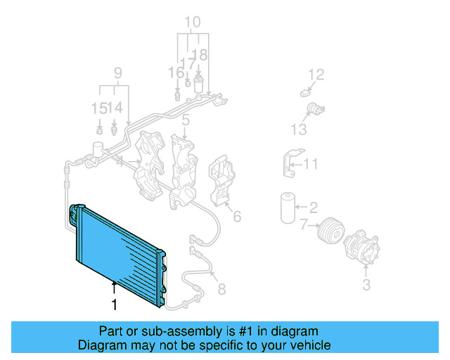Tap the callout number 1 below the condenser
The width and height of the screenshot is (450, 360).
coord(113,305)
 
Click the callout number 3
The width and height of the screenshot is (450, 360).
coord(366,285)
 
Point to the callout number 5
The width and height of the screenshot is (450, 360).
coord(186,121)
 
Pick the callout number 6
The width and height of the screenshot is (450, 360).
coord(237,217)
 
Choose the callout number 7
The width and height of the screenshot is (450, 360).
coord(304,226)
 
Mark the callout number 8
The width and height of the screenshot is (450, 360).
coord(221,289)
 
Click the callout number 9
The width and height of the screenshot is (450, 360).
coord(117,72)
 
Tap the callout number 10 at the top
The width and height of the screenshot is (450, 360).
coord(192,22)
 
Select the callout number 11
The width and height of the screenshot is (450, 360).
coord(311,165)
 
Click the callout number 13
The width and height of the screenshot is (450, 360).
coord(298,129)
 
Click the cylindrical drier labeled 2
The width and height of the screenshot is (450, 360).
coord(285,206)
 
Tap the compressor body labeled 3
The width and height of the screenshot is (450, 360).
coord(363,245)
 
